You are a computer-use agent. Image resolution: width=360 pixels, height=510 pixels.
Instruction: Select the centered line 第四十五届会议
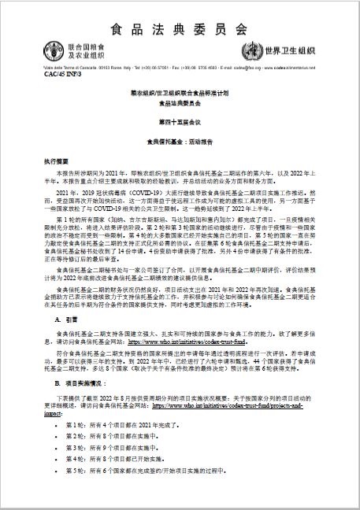pos(180,121)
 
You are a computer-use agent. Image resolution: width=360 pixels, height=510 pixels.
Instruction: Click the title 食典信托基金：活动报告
pos(180,141)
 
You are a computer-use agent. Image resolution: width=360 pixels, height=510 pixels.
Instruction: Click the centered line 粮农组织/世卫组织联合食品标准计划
pos(180,93)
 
